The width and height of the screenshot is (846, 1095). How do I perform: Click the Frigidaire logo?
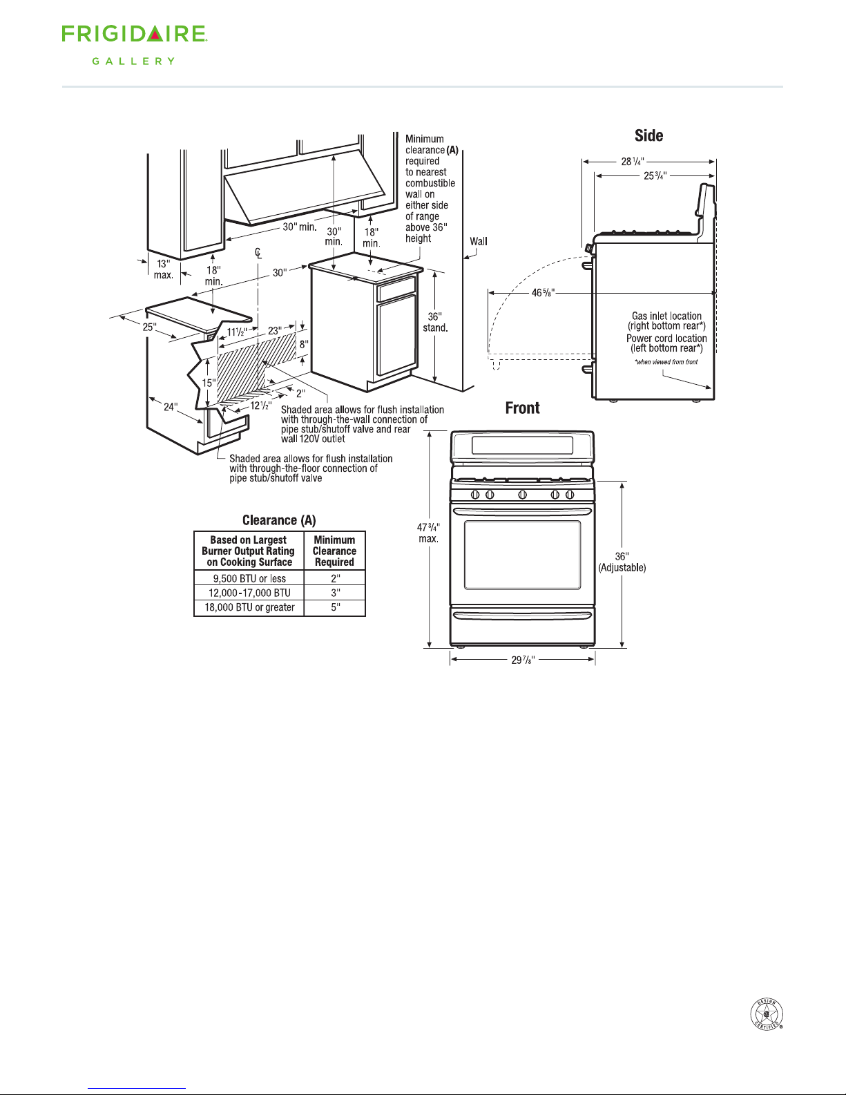click(x=135, y=34)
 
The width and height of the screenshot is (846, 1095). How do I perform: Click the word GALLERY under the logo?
click(x=133, y=61)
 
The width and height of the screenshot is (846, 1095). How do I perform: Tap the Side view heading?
click(x=648, y=135)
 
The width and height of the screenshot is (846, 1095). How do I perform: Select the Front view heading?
click(x=522, y=408)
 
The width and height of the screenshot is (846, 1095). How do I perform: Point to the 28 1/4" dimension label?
click(x=633, y=161)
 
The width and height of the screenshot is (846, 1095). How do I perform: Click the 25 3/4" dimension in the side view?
click(x=655, y=175)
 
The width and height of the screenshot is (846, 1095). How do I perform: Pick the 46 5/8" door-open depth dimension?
click(x=543, y=292)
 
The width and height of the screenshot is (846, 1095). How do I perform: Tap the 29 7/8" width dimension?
click(x=523, y=660)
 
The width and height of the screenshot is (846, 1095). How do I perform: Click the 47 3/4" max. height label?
click(x=428, y=533)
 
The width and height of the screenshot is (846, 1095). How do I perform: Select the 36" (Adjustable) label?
click(x=622, y=562)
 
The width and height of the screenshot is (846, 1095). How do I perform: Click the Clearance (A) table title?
click(x=279, y=520)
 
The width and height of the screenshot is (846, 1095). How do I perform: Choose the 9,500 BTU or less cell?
click(x=249, y=578)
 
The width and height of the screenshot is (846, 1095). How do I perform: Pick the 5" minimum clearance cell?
click(x=336, y=607)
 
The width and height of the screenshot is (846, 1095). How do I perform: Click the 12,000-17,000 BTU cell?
click(x=249, y=593)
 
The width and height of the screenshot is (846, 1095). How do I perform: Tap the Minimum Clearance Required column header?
click(x=334, y=551)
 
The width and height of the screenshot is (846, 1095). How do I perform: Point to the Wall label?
click(x=479, y=241)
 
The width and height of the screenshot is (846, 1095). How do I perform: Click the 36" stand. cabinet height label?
click(x=434, y=322)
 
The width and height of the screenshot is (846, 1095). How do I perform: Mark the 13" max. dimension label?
click(x=163, y=269)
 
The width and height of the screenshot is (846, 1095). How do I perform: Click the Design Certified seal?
click(x=767, y=1014)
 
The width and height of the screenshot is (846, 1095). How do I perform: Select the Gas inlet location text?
click(x=666, y=316)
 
